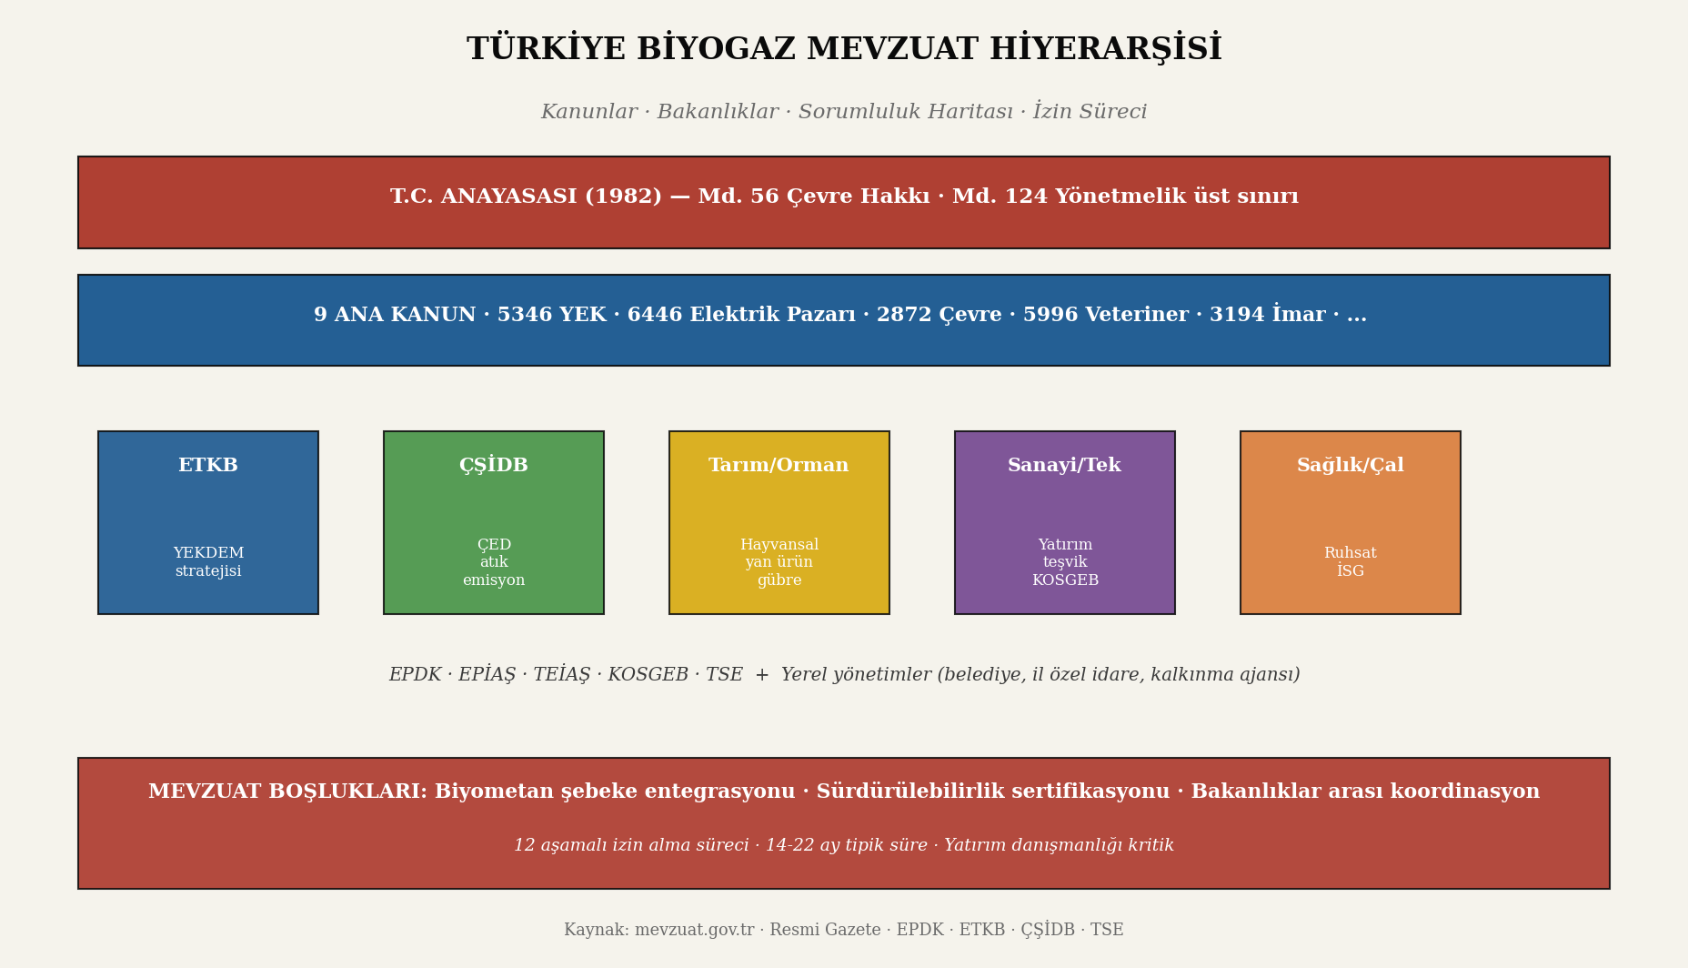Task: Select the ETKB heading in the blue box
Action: tap(208, 466)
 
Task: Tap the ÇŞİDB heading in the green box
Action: tap(494, 466)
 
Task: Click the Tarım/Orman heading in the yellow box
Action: tap(779, 466)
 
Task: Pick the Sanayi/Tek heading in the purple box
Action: tap(1064, 466)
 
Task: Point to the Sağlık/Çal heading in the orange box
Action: tap(1350, 466)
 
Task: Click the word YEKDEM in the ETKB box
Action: tap(208, 553)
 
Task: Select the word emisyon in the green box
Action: tap(494, 580)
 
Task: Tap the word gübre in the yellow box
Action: tap(779, 580)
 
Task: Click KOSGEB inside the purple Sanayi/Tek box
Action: tap(1065, 580)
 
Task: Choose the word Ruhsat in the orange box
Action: tap(1350, 553)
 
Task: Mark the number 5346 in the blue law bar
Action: tap(525, 315)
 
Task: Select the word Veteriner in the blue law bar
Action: tap(1146, 315)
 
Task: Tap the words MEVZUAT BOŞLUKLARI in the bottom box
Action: tap(287, 792)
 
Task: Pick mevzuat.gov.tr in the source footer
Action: tap(694, 930)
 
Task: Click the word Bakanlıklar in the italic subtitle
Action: tap(718, 112)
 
